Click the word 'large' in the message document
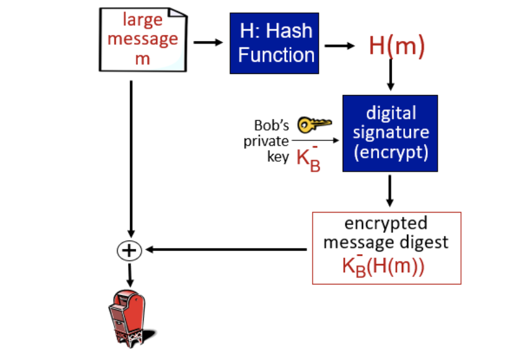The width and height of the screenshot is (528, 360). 143,20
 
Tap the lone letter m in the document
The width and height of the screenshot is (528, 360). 142,59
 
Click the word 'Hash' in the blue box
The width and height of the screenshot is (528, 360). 289,31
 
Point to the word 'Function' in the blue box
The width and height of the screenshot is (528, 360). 276,55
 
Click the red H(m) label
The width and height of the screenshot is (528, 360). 397,45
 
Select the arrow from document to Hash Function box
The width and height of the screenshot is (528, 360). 208,42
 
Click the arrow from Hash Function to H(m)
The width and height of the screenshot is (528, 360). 339,45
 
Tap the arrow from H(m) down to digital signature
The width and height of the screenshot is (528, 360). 391,75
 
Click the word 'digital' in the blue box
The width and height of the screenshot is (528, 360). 391,112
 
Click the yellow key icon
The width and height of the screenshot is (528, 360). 315,124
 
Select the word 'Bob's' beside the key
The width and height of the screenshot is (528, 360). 271,125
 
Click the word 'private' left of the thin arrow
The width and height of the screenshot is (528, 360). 266,141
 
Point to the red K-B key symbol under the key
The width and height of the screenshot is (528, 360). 308,159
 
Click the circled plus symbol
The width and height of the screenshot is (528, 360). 129,251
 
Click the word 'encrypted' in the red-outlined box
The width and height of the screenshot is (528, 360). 386,224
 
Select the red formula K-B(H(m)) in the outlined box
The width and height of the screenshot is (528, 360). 383,265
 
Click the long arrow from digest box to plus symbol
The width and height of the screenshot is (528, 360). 226,250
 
